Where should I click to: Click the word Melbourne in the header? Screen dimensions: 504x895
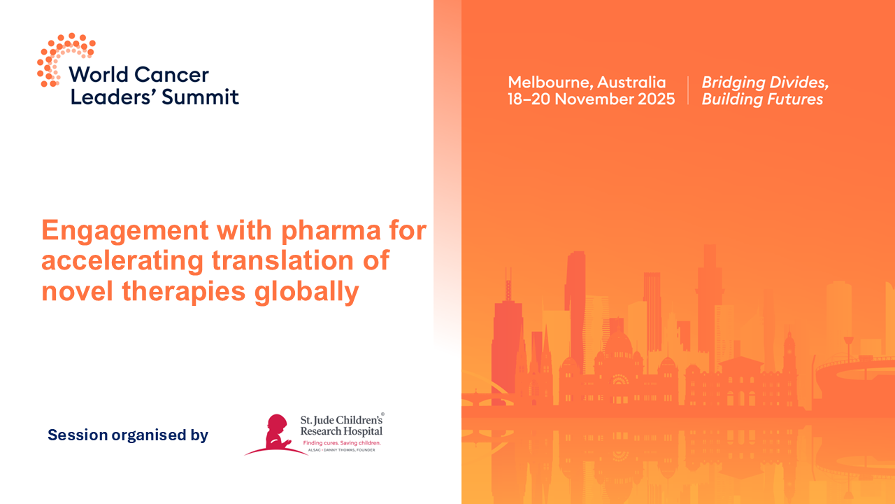pyautogui.click(x=549, y=82)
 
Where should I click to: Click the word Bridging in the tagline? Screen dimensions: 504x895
pyautogui.click(x=731, y=83)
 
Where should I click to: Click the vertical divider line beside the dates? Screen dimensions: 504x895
pyautogui.click(x=688, y=90)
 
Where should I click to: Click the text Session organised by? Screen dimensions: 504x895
pyautogui.click(x=128, y=435)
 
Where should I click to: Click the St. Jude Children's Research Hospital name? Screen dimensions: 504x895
pyautogui.click(x=341, y=425)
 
